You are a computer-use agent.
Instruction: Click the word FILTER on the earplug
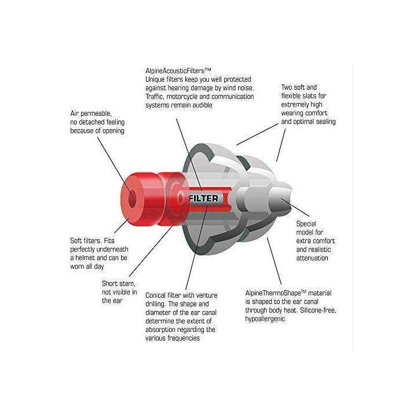click(x=204, y=198)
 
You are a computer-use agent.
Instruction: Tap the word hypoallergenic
click(x=265, y=319)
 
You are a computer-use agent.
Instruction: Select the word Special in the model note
click(x=307, y=224)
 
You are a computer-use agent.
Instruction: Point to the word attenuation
click(x=312, y=258)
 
